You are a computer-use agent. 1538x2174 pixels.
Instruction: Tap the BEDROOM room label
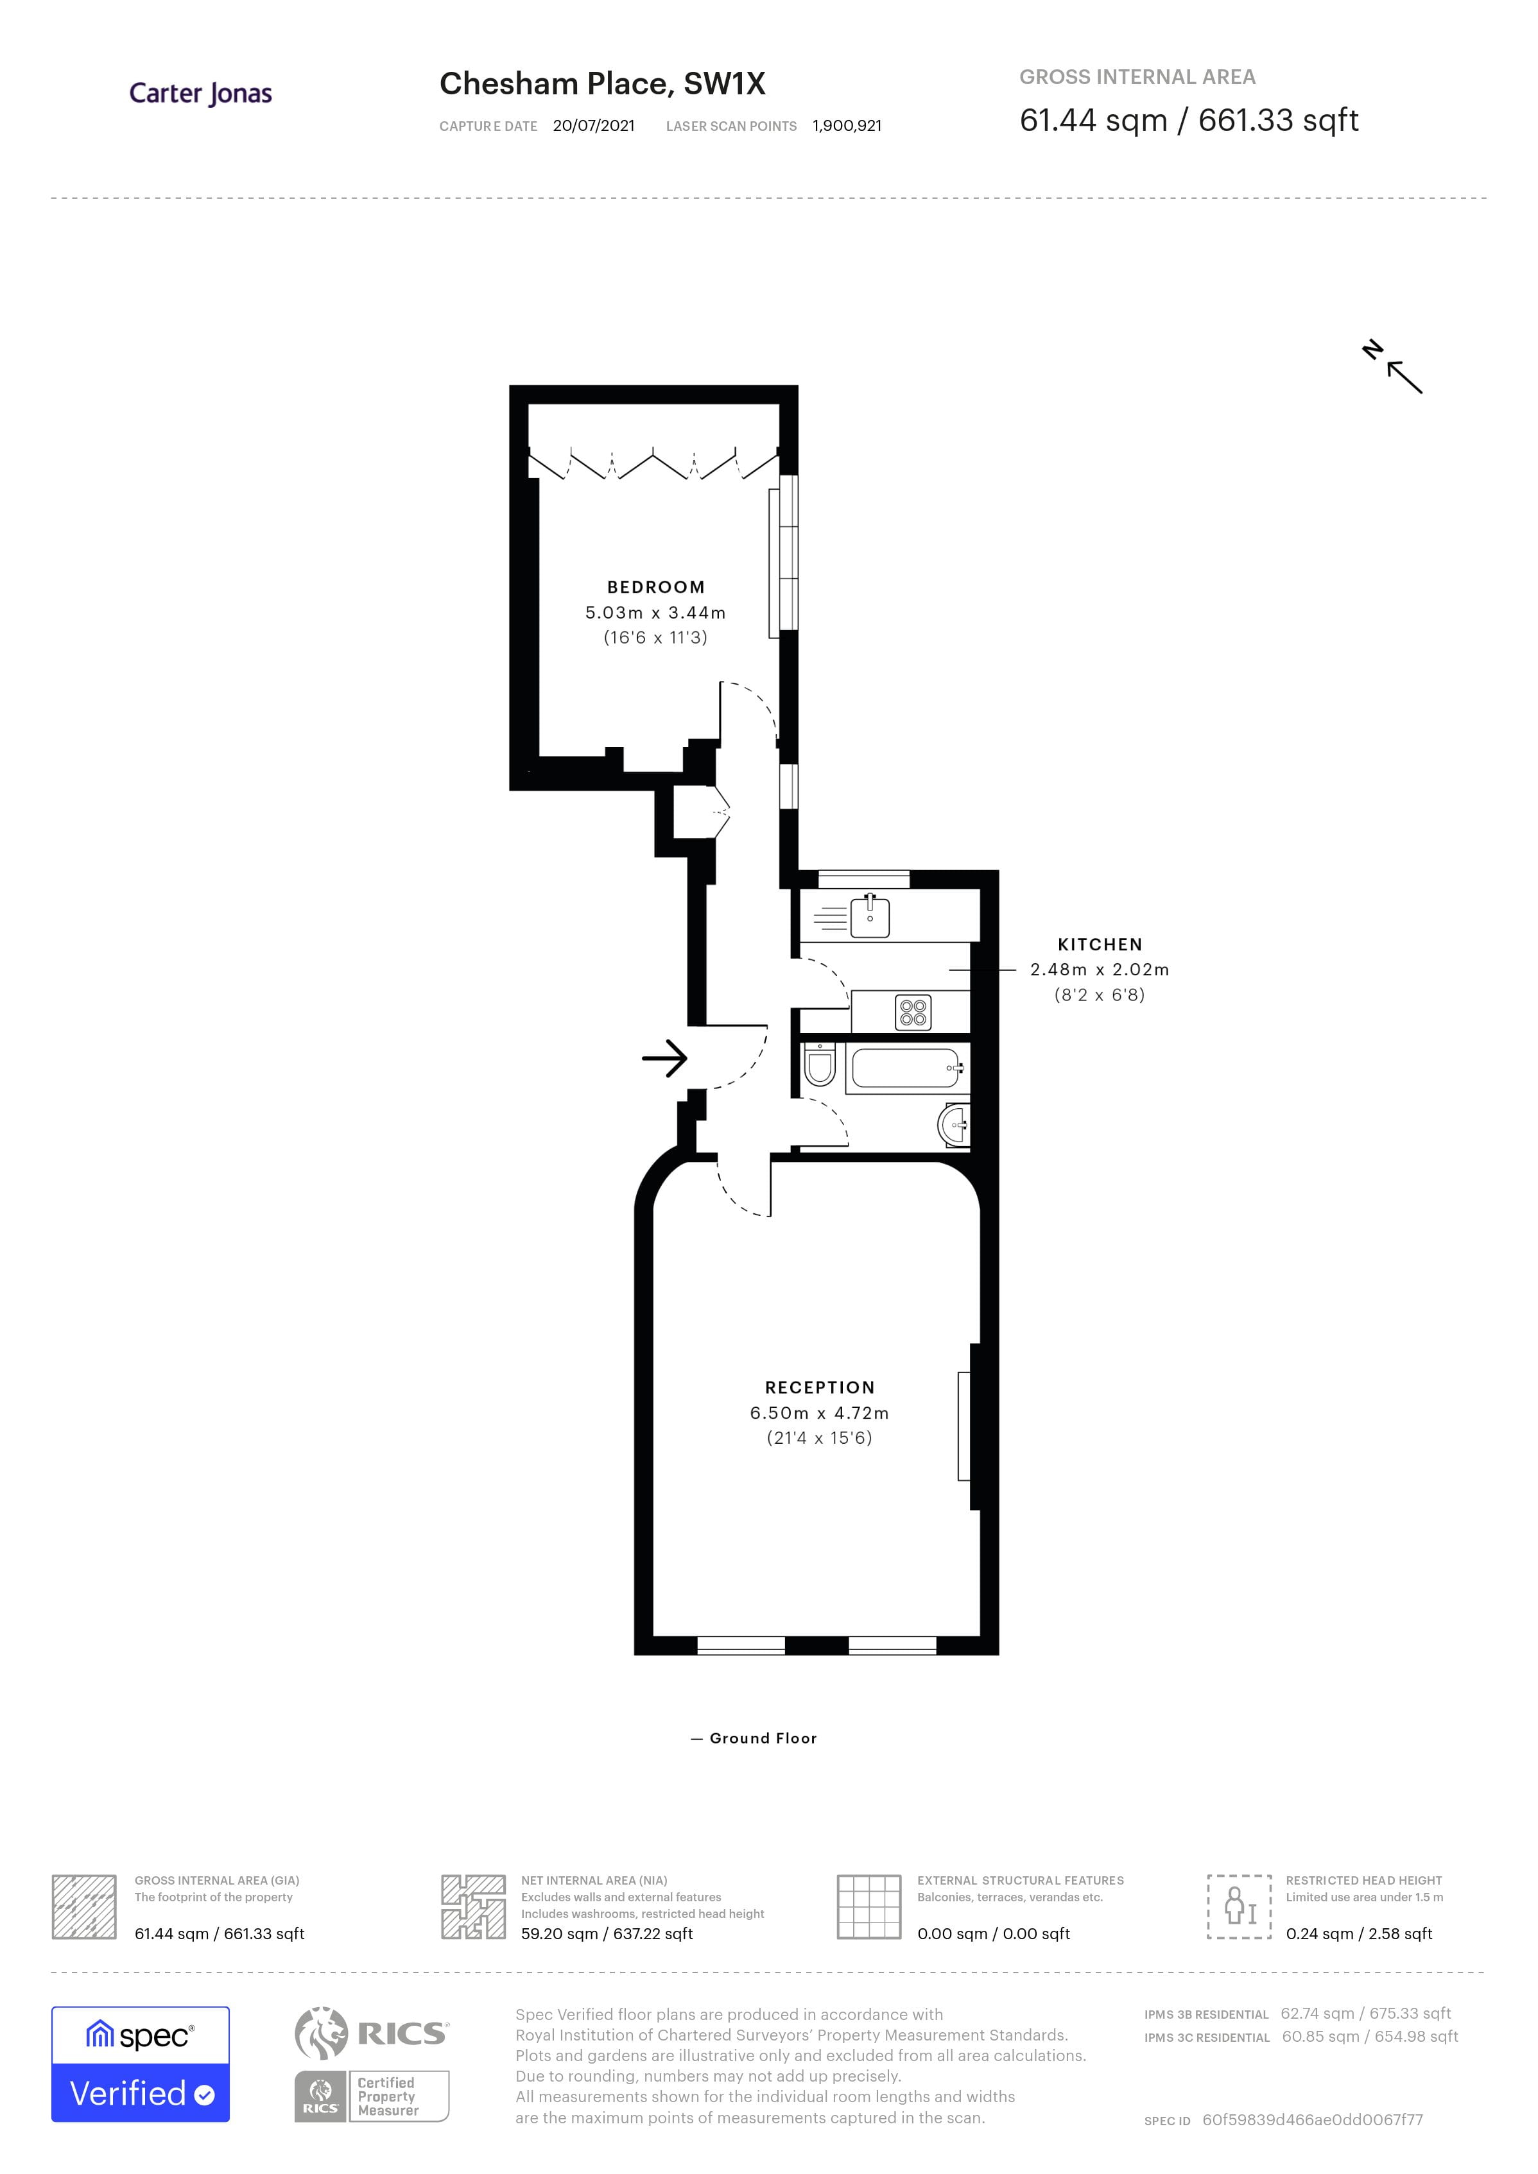[x=655, y=587]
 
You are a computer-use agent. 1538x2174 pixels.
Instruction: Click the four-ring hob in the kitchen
[x=913, y=1012]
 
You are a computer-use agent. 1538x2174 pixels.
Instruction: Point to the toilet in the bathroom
[x=819, y=1065]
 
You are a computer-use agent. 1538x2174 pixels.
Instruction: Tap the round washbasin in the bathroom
[x=955, y=1126]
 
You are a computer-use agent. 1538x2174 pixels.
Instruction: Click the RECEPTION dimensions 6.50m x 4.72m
[x=819, y=1413]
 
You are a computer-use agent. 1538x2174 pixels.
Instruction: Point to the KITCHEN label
[x=1100, y=944]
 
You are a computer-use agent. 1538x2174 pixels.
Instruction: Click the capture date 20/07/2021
[x=594, y=126]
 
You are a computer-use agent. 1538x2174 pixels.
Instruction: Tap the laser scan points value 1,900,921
[x=847, y=126]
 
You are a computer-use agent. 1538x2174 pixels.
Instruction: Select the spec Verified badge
[x=140, y=2064]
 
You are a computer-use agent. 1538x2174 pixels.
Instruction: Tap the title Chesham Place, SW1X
[x=602, y=83]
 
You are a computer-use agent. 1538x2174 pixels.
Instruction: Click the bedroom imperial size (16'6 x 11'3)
[x=655, y=637]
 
